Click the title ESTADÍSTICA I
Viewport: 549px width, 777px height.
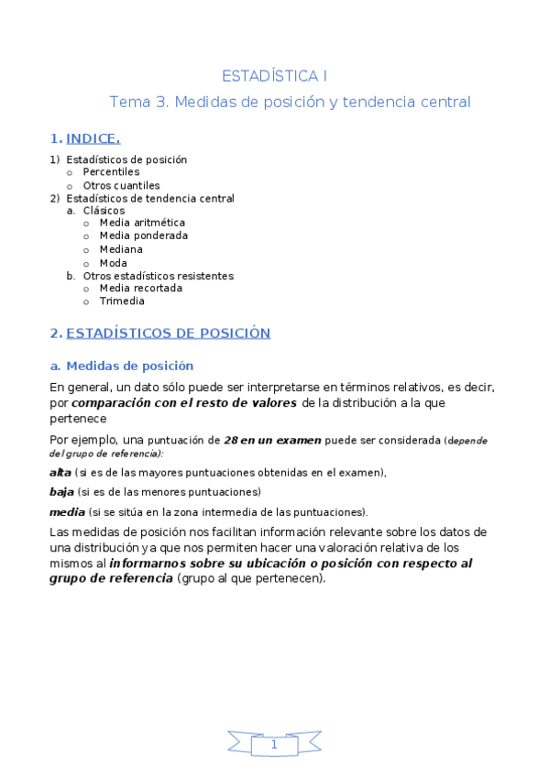pyautogui.click(x=275, y=75)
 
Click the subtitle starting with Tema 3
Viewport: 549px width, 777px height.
pyautogui.click(x=290, y=102)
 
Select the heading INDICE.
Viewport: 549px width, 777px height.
pyautogui.click(x=93, y=138)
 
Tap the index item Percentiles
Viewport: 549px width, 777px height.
pyautogui.click(x=111, y=171)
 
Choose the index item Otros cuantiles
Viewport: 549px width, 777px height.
pyautogui.click(x=121, y=185)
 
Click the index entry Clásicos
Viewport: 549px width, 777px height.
pyautogui.click(x=104, y=210)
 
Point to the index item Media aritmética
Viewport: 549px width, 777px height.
pyautogui.click(x=142, y=223)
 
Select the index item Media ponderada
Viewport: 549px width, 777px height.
pyautogui.click(x=144, y=235)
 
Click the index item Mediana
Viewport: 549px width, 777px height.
pyautogui.click(x=121, y=249)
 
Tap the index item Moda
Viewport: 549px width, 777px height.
pyautogui.click(x=114, y=263)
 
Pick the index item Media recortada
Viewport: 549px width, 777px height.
pyautogui.click(x=140, y=288)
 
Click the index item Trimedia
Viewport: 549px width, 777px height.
pyautogui.click(x=122, y=301)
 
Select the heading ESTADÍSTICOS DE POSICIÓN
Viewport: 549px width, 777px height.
pyautogui.click(x=168, y=333)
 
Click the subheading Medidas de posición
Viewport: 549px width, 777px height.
pyautogui.click(x=130, y=366)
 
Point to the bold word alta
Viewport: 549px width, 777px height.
pyautogui.click(x=60, y=472)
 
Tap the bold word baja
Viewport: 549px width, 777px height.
pyautogui.click(x=61, y=492)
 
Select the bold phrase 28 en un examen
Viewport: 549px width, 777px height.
pyautogui.click(x=272, y=440)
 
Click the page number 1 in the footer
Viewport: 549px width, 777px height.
pyautogui.click(x=274, y=745)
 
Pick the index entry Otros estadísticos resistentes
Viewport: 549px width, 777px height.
pyautogui.click(x=158, y=275)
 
